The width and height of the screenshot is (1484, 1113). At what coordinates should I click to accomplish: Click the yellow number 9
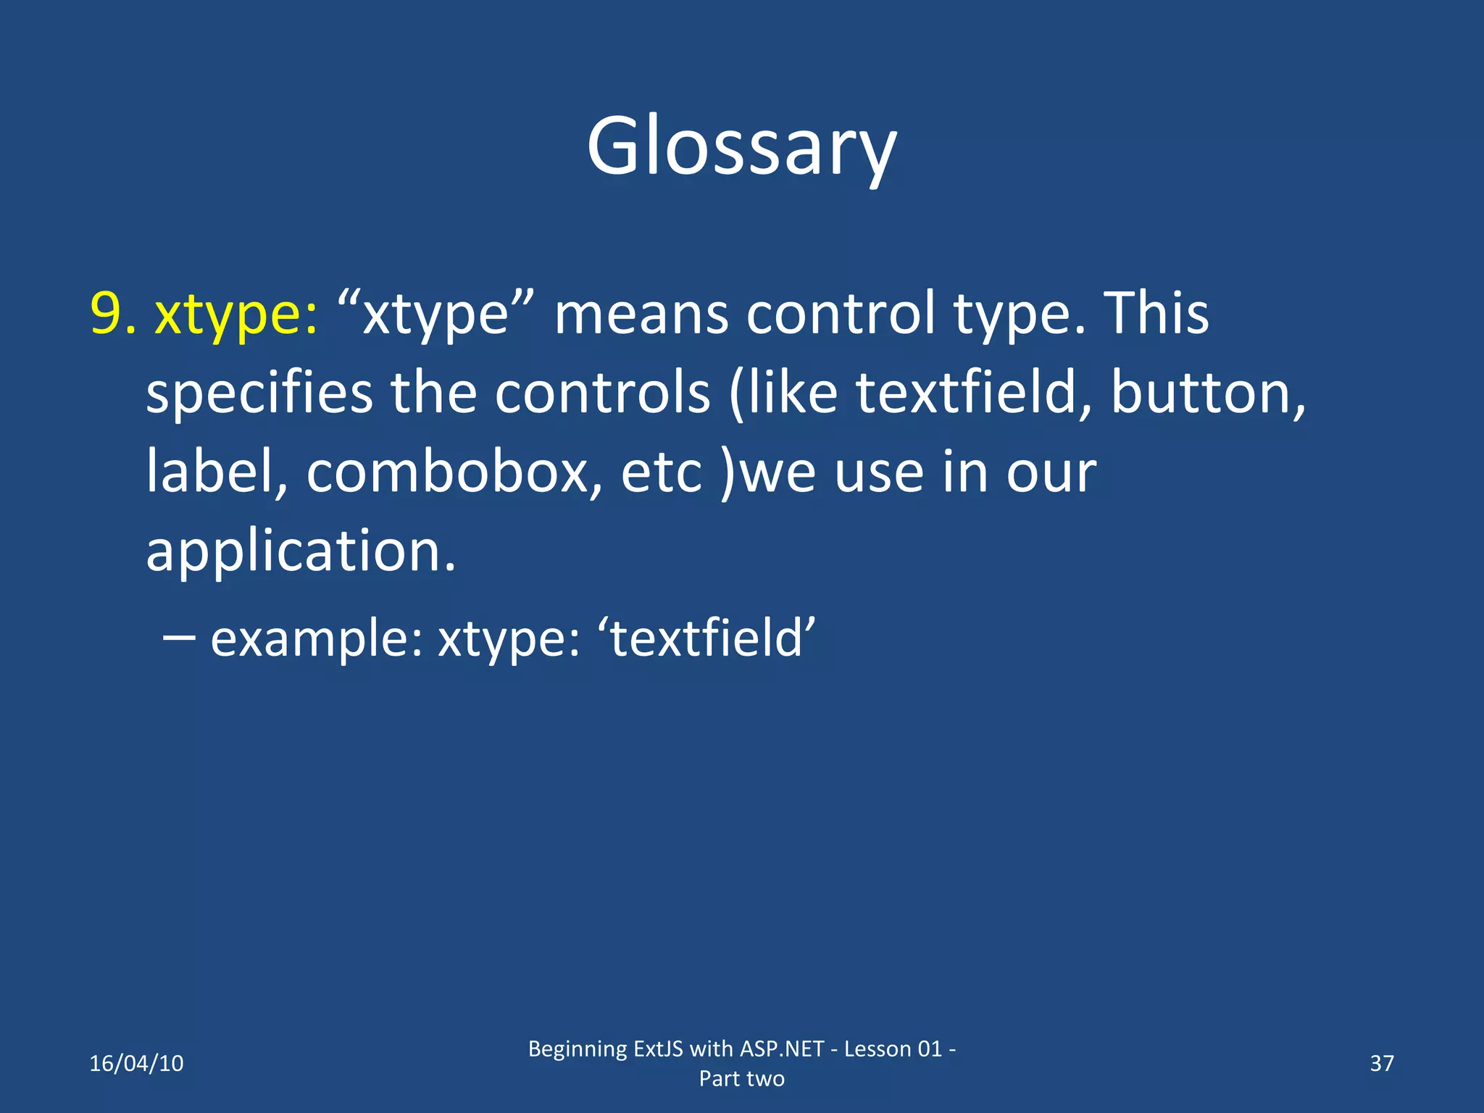point(112,314)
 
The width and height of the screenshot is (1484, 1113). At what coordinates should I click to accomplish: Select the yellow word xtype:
point(236,315)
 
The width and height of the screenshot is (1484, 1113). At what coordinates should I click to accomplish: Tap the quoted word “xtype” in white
point(435,314)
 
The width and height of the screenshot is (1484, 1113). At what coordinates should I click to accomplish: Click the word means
point(641,315)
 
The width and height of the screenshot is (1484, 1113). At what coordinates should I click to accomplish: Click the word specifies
point(259,393)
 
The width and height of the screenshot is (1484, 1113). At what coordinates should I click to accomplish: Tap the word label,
point(217,471)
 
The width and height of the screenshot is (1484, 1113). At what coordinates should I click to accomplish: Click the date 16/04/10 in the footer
point(136,1063)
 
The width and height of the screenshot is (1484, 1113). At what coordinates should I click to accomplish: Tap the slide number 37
point(1381,1063)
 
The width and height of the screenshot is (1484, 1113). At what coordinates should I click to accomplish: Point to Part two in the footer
point(741,1078)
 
